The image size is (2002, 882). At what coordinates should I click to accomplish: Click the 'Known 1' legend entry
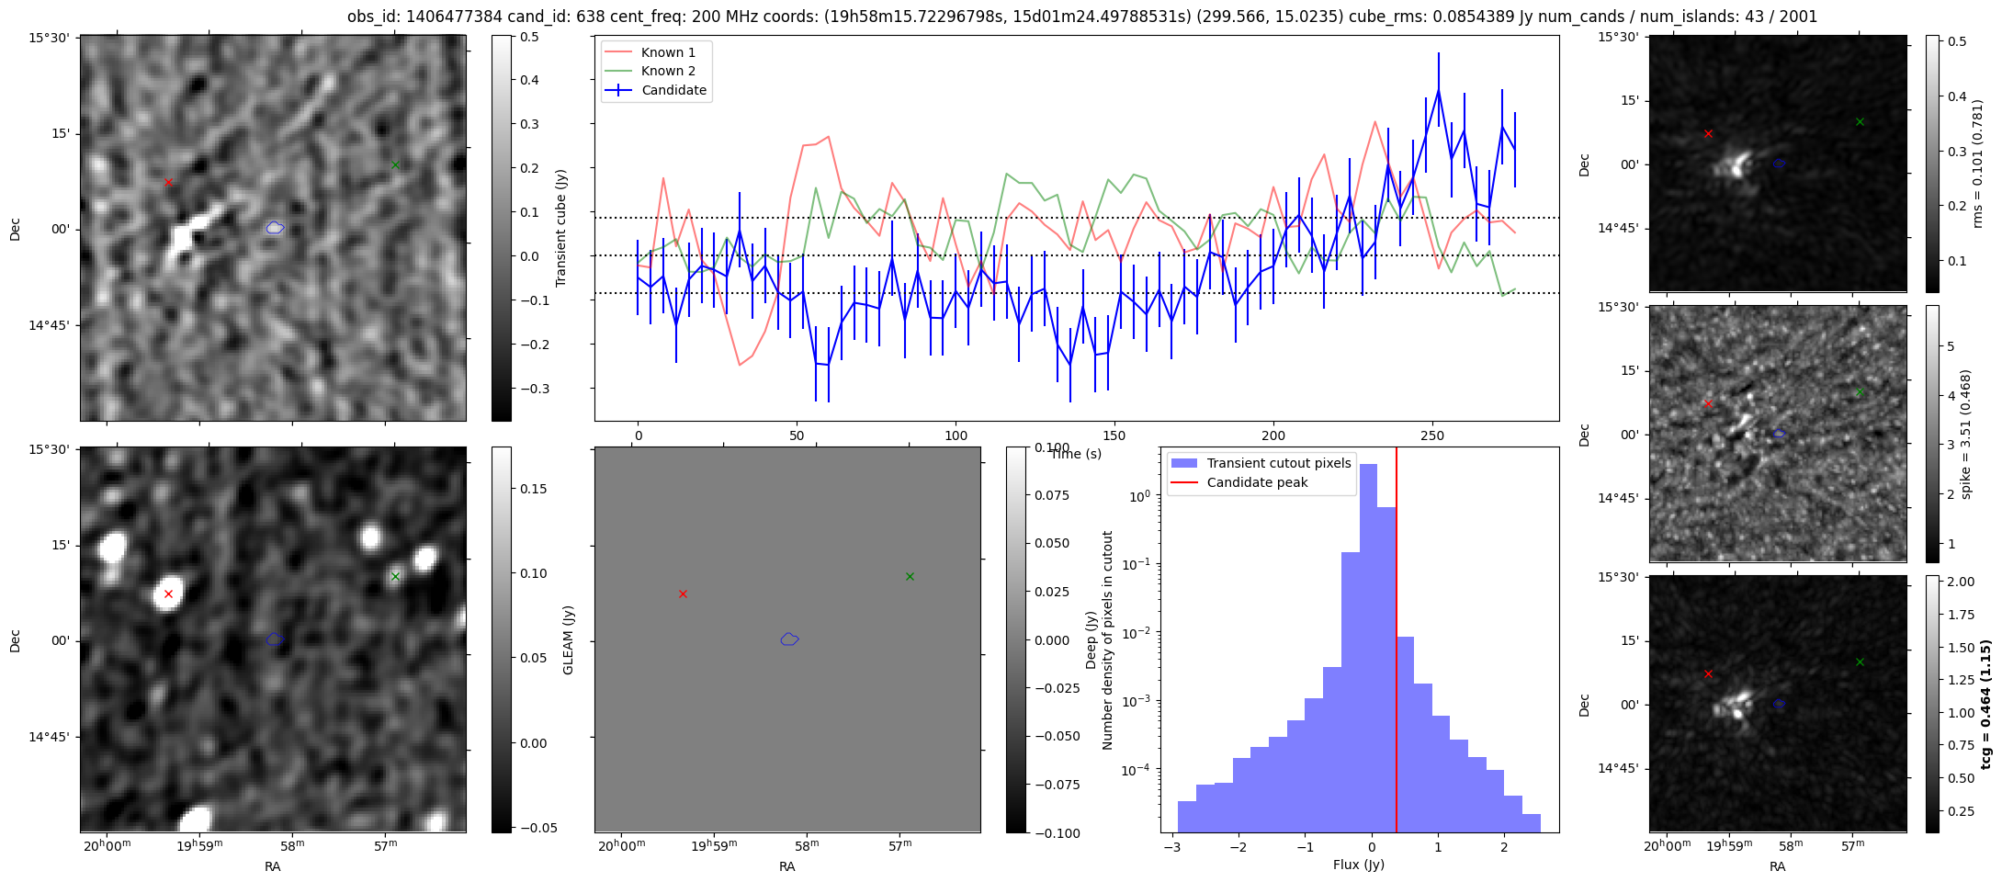668,52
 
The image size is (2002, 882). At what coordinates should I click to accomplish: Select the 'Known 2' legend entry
668,71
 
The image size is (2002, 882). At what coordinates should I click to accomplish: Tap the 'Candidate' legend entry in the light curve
673,90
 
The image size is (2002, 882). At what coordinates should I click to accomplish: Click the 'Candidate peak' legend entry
1257,482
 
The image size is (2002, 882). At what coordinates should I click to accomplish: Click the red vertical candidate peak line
1396,643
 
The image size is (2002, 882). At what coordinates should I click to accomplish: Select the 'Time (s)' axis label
1076,454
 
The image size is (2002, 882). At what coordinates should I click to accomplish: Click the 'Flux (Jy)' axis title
1358,865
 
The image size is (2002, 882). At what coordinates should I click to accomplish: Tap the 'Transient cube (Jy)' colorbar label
560,228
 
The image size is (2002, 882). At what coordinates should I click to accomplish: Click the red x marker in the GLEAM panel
683,594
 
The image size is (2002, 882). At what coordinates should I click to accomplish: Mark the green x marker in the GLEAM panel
910,577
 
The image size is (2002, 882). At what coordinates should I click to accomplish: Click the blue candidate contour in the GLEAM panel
789,639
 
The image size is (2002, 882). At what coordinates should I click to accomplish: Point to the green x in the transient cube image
395,165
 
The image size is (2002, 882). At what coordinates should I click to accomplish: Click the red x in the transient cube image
168,182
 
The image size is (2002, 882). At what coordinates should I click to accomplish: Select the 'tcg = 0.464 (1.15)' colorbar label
1985,705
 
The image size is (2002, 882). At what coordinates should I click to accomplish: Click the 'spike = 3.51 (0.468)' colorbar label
1966,434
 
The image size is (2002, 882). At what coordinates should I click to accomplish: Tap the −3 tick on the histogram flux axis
1171,846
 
